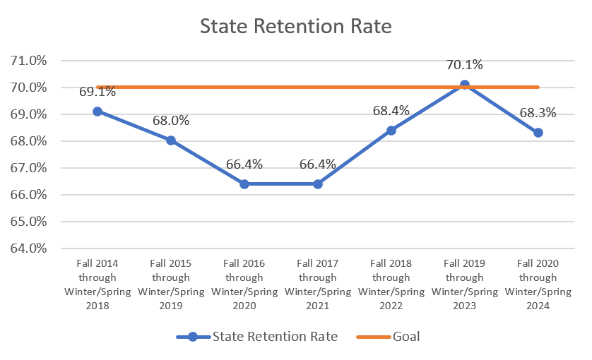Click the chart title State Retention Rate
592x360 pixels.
click(295, 26)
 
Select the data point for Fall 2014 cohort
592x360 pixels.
click(97, 112)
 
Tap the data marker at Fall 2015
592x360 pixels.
click(171, 140)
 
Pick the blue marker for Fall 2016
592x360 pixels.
click(244, 184)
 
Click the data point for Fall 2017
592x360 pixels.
click(318, 184)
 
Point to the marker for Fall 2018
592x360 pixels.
click(391, 130)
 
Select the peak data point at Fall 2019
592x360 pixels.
click(465, 85)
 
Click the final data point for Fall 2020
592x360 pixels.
click(538, 133)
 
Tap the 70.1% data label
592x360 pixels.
click(464, 65)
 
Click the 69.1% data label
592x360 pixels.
click(79, 91)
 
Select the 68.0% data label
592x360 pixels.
click(171, 121)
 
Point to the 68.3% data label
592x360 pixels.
click(538, 113)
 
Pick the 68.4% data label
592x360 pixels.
click(391, 110)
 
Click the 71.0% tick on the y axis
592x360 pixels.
click(29, 61)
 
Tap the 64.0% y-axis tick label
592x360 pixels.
click(29, 248)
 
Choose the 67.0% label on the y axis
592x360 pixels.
click(29, 168)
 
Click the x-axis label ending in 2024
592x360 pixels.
click(538, 284)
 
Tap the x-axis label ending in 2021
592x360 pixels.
click(318, 284)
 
